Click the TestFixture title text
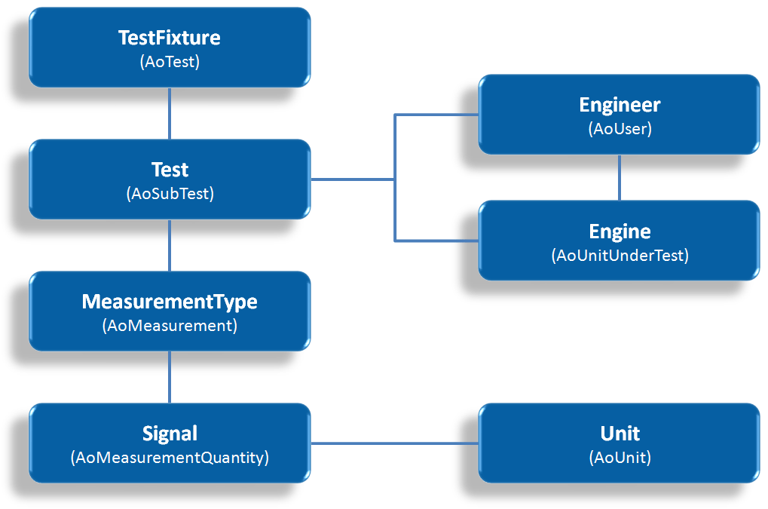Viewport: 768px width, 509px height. click(x=170, y=38)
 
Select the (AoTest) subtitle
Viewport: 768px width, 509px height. click(x=170, y=62)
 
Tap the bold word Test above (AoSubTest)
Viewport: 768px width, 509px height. click(x=170, y=170)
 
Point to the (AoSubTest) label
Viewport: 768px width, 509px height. click(x=170, y=194)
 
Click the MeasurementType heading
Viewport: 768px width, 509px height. click(x=170, y=302)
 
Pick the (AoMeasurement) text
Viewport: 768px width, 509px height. click(x=170, y=326)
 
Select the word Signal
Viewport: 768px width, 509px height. click(x=170, y=434)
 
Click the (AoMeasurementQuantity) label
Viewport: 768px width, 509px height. click(x=170, y=458)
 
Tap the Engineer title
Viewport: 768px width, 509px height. click(x=620, y=105)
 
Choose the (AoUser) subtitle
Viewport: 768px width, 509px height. click(x=620, y=129)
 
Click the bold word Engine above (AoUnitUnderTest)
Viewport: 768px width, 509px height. click(x=620, y=231)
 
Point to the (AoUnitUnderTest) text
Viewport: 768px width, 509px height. click(x=620, y=256)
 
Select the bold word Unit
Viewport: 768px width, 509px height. click(x=620, y=434)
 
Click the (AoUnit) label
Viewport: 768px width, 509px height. click(x=620, y=458)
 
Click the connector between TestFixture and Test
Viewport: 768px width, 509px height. click(x=170, y=113)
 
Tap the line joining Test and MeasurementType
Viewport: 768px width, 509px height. click(x=170, y=245)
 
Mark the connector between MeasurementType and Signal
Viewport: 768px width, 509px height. click(x=170, y=377)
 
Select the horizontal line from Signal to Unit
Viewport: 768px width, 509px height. click(x=394, y=443)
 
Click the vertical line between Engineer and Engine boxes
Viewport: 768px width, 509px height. click(x=620, y=177)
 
